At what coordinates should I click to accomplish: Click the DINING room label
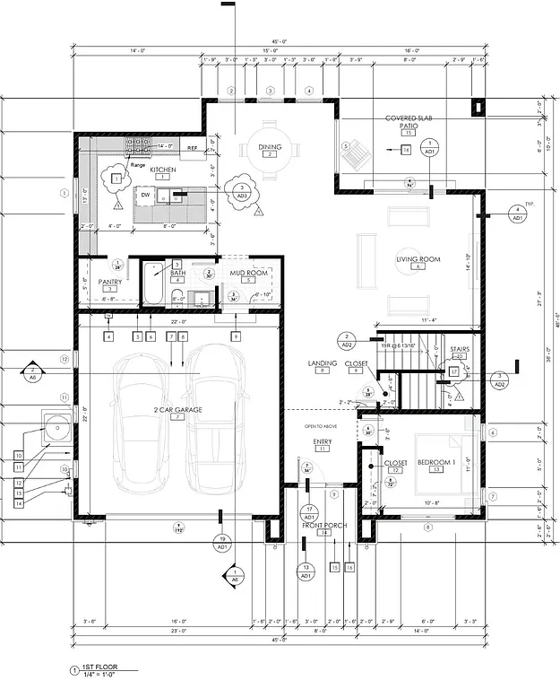tap(270, 147)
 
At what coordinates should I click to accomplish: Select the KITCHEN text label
tap(162, 170)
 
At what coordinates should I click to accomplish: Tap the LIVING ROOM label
tap(418, 259)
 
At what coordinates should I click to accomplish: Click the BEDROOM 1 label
tap(436, 462)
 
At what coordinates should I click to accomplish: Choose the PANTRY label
tap(109, 282)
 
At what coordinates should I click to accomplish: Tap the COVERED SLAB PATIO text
tap(408, 123)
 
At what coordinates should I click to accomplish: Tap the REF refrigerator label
tap(192, 145)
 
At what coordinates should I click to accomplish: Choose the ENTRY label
tap(323, 440)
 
